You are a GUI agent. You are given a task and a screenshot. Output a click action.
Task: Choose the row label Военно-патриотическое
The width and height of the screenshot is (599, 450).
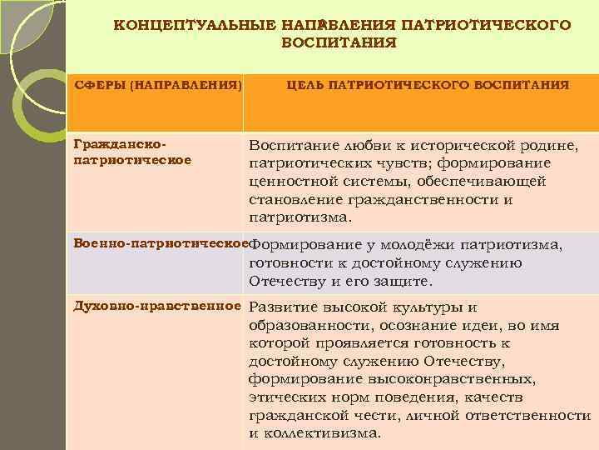coord(161,244)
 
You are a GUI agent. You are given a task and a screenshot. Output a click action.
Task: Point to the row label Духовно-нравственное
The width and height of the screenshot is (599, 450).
coord(156,306)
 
